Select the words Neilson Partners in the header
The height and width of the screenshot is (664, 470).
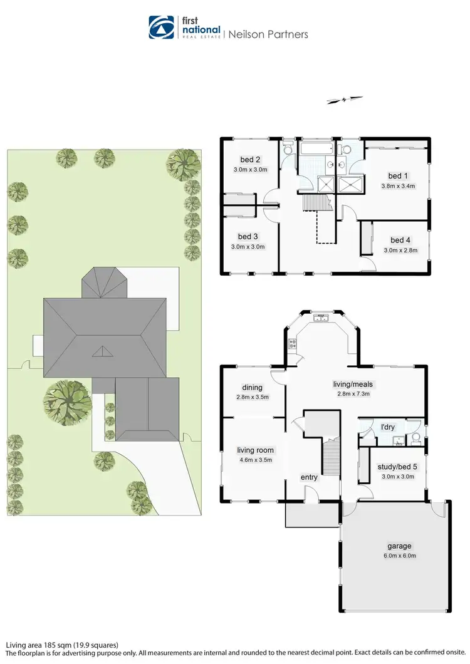(x=268, y=34)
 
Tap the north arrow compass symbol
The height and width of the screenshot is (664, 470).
(x=344, y=100)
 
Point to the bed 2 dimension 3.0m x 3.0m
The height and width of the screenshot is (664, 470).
(x=251, y=170)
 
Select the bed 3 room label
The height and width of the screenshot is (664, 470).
(x=248, y=236)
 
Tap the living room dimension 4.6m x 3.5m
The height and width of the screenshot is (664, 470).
(x=254, y=460)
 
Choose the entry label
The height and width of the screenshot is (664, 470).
(x=309, y=477)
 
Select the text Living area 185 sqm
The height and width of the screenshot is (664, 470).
(x=39, y=645)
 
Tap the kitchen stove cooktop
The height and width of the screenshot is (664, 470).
(x=291, y=343)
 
